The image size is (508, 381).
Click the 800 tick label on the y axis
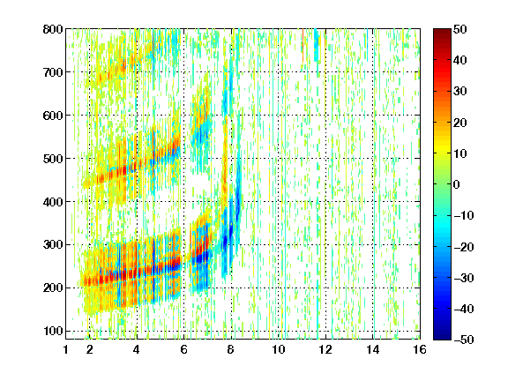[53, 29]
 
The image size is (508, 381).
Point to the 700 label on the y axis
[53, 72]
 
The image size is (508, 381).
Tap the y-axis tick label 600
[53, 116]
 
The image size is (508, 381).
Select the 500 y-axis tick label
[53, 159]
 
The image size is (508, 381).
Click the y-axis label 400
[53, 202]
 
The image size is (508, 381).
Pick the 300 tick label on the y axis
[53, 245]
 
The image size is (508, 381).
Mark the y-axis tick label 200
[53, 288]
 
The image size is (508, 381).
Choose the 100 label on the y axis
[53, 331]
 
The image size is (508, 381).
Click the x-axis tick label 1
[66, 350]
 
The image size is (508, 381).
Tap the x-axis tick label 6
[184, 350]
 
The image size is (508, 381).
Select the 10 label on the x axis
[279, 350]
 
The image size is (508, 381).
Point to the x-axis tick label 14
[373, 350]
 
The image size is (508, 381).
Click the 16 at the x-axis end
[420, 350]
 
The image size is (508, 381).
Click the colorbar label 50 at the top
[459, 29]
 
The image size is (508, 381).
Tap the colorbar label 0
[457, 184]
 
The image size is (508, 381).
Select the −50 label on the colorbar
[464, 340]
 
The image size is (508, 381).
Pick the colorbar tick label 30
[459, 92]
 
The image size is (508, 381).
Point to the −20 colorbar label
[464, 247]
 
